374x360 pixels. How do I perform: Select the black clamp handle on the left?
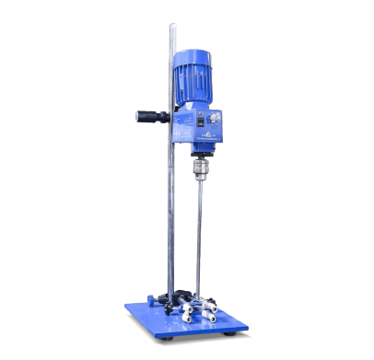click(147, 117)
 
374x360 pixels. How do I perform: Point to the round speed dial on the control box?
click(216, 119)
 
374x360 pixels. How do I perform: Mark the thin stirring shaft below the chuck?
click(199, 230)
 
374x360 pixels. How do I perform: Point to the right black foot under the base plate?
click(242, 332)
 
